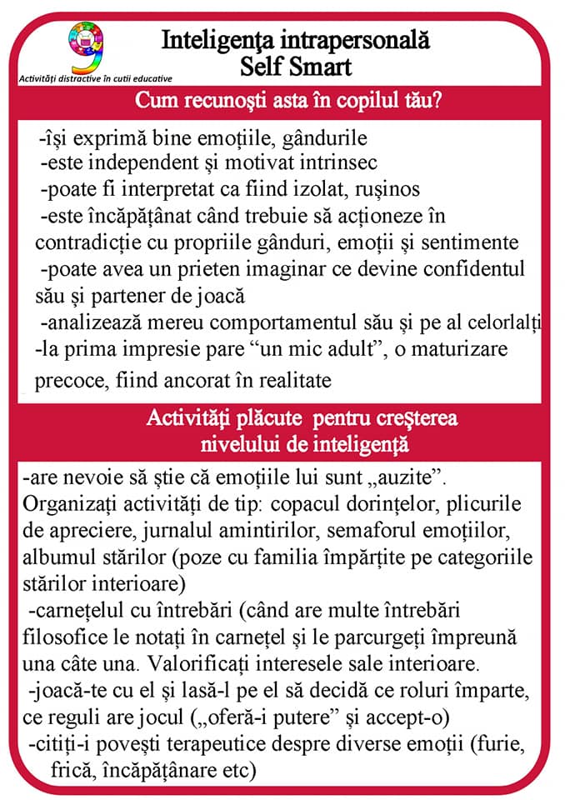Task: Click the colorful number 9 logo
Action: tap(87, 48)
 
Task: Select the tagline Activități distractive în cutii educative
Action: tap(96, 79)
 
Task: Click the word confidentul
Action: tap(473, 269)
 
